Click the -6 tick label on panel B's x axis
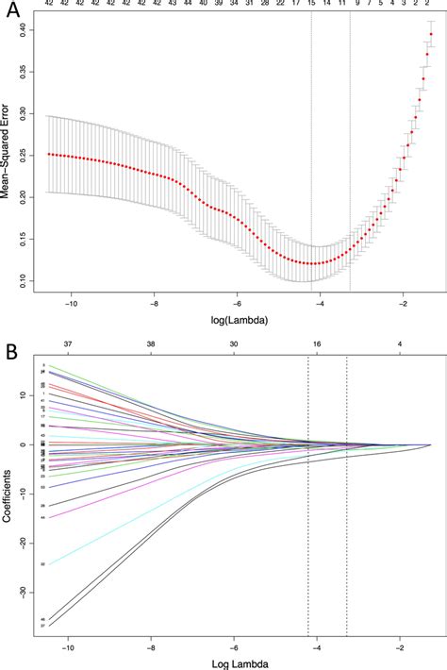236,649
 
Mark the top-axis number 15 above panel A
311,5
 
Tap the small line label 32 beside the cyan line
43,564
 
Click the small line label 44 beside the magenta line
43,517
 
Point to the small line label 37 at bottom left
43,626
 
